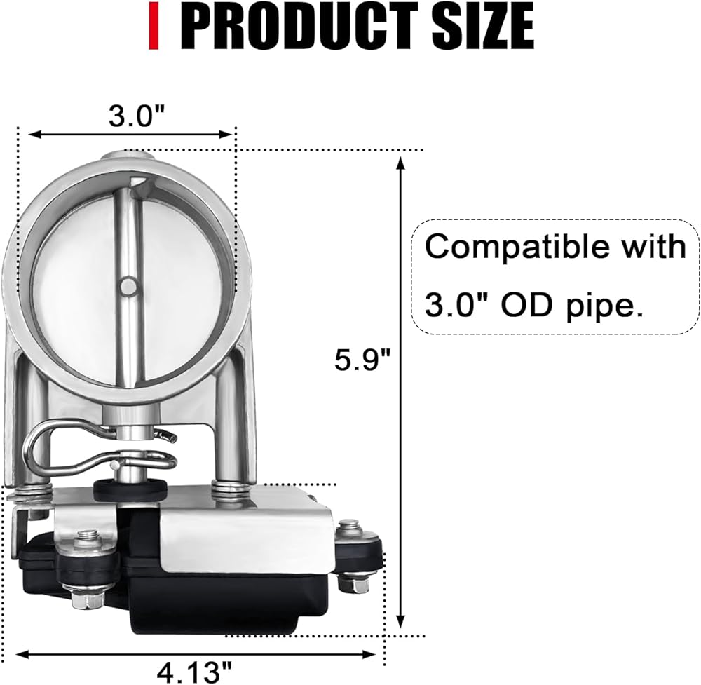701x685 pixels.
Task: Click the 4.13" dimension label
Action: [x=194, y=671]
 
